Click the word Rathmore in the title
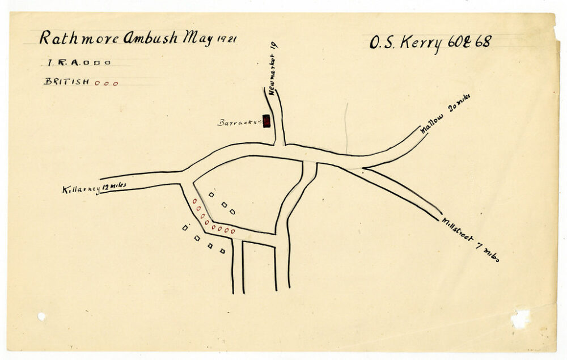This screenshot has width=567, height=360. coord(78,38)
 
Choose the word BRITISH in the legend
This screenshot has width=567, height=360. coord(66,82)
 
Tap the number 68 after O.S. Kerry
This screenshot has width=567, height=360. coord(483,41)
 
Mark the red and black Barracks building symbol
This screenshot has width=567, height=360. coord(266,121)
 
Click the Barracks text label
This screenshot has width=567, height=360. coord(238,122)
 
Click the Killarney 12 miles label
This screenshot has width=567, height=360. coord(94,188)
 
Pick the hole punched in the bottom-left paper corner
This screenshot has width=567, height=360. coord(41,316)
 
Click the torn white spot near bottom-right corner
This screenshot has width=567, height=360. coord(520,319)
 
